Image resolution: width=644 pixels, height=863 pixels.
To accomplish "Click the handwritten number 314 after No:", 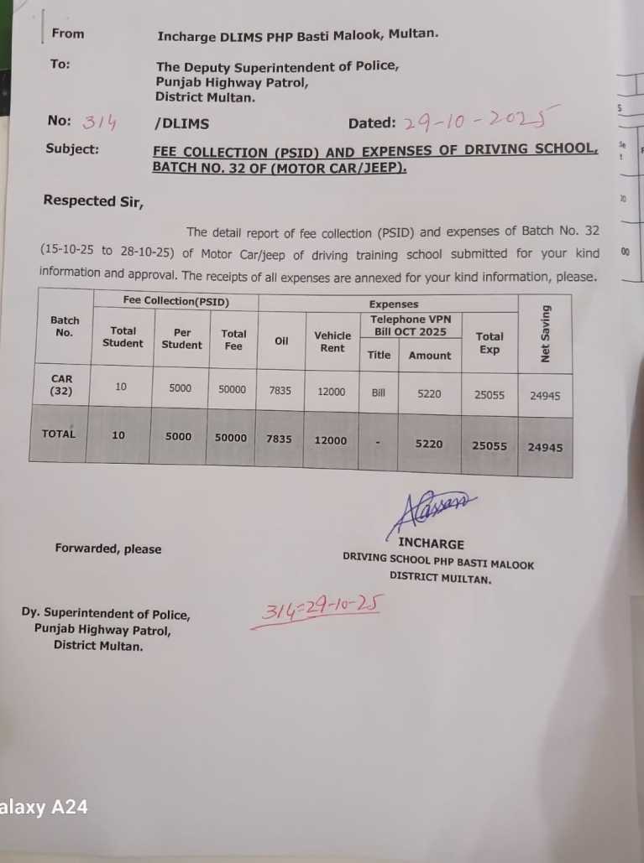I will click(x=99, y=123).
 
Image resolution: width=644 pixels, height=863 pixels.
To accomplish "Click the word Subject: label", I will click(x=72, y=149).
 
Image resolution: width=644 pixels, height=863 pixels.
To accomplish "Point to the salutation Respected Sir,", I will click(x=92, y=201).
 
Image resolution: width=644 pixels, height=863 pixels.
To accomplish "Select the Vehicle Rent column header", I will click(x=332, y=341).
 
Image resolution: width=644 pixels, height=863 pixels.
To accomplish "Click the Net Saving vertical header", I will click(x=546, y=334).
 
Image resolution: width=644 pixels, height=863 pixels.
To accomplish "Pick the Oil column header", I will click(x=281, y=341).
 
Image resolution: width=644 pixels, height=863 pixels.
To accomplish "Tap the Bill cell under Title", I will click(x=379, y=393).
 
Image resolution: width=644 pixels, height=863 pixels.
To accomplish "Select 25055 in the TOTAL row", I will click(x=490, y=446).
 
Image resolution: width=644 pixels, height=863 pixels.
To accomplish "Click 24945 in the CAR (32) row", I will click(x=546, y=395).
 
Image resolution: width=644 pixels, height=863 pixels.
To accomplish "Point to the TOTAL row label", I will click(x=58, y=434).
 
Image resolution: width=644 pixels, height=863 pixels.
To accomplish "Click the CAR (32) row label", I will click(x=61, y=385).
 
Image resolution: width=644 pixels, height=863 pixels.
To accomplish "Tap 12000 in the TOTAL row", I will click(x=331, y=440).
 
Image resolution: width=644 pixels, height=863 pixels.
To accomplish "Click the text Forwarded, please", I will click(x=108, y=548).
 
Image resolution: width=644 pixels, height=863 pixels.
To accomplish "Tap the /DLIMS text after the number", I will click(x=182, y=123).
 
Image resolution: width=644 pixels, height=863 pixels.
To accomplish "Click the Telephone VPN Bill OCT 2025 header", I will click(x=411, y=325).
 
